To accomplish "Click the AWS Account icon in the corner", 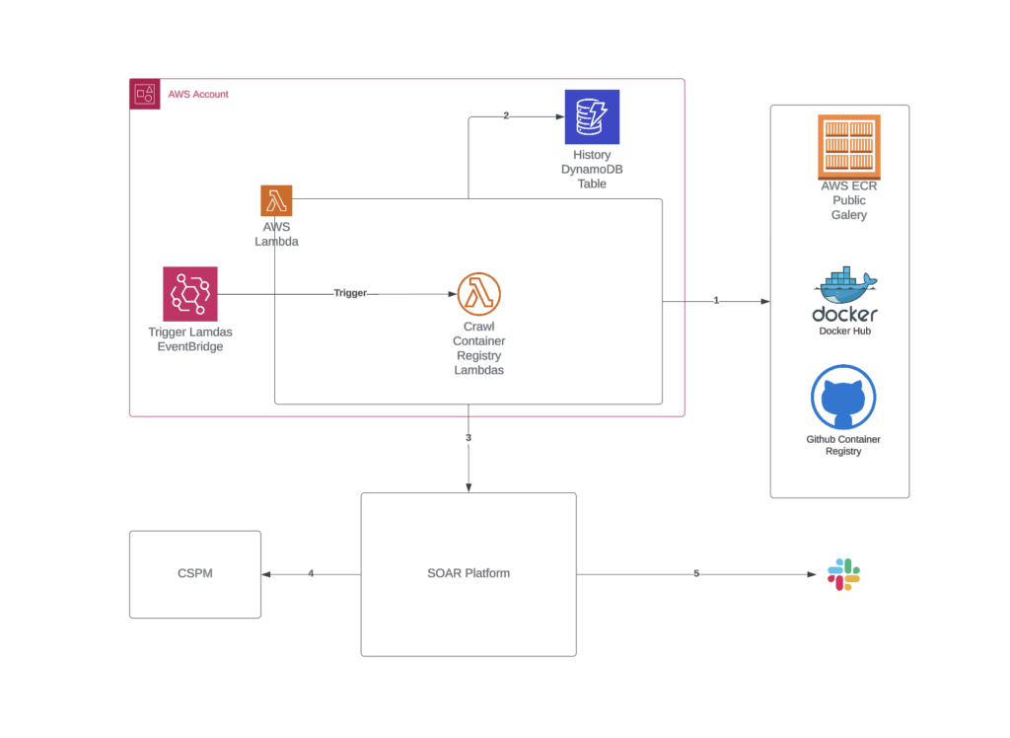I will (145, 94).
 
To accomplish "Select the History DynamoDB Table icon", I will (592, 116).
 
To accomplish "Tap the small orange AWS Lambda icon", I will (276, 200).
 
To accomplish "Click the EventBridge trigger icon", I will (190, 294).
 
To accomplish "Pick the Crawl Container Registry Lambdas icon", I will (479, 294).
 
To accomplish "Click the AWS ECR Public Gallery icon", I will (849, 145).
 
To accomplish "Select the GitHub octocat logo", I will (843, 398).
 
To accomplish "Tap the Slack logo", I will (843, 574).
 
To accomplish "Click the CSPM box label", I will (194, 573).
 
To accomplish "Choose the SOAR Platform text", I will (469, 573).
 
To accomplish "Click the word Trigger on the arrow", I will (350, 293).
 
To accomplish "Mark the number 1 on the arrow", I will (717, 300).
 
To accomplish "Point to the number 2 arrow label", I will (506, 115).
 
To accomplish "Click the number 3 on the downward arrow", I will (469, 437).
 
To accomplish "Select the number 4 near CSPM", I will (311, 573).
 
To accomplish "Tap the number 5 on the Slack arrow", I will (696, 573).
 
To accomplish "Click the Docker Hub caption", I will (844, 331).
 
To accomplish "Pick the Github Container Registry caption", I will (843, 445).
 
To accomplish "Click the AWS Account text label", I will (198, 95).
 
